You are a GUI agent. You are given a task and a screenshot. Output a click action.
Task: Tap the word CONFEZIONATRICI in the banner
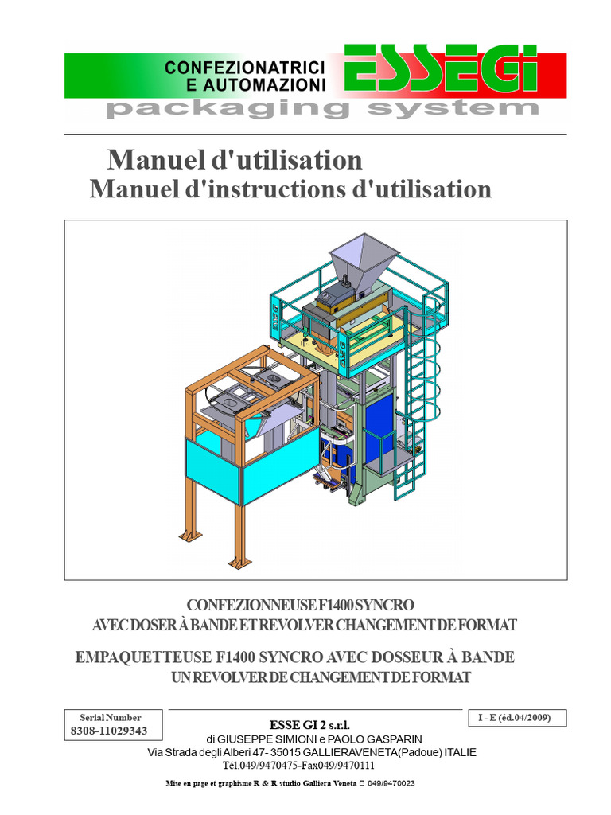(245, 68)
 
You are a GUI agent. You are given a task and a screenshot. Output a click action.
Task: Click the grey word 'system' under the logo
(453, 108)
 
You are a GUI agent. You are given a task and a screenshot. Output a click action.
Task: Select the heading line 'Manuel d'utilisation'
(235, 159)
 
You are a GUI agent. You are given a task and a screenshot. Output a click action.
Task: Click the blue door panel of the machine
(379, 431)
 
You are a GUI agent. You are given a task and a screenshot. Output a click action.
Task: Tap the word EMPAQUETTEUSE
(143, 657)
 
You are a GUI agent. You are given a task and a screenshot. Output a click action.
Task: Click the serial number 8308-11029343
(109, 731)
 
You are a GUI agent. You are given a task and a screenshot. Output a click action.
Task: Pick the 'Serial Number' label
(110, 717)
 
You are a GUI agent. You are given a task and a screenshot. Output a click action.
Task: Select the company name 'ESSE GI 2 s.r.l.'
(309, 725)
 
